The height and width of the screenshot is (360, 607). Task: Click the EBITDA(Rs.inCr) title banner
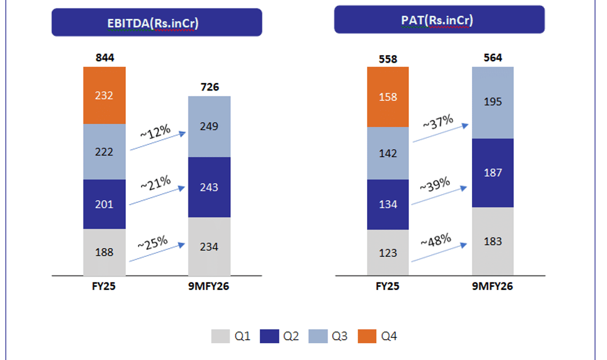[157, 23]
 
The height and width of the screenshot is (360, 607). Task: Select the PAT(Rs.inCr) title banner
[439, 20]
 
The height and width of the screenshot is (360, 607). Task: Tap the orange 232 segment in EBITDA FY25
[104, 95]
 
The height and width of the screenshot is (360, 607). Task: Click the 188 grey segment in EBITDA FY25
[104, 252]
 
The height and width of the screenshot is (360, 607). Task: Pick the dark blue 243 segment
[209, 187]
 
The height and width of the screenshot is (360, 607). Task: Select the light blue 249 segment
[209, 126]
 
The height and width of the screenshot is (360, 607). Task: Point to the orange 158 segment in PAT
[388, 97]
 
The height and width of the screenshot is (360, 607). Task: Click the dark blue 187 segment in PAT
[493, 173]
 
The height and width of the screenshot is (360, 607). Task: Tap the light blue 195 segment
[493, 102]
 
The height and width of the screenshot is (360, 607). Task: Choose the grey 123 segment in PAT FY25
[388, 252]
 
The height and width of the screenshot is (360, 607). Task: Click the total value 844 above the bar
[104, 57]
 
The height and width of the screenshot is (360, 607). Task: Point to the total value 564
[493, 57]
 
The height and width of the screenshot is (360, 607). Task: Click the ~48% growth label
[435, 239]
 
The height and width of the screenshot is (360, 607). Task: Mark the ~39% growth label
[435, 184]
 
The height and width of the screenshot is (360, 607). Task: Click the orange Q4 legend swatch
[366, 336]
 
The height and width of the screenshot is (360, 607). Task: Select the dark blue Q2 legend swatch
[269, 336]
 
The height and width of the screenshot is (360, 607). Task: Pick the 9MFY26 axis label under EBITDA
[209, 286]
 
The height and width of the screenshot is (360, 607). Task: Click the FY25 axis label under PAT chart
[388, 286]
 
